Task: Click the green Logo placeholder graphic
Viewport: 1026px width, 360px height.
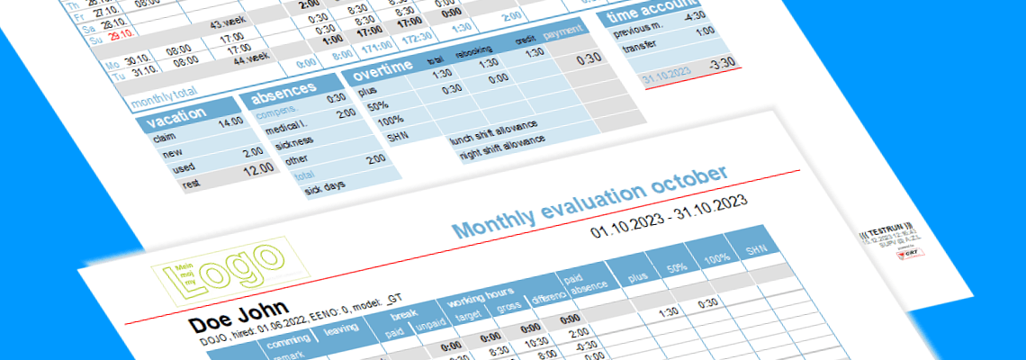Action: pyautogui.click(x=230, y=267)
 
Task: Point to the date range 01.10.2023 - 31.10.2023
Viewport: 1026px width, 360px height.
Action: pyautogui.click(x=671, y=219)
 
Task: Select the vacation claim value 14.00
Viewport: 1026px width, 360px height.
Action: pyautogui.click(x=230, y=121)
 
